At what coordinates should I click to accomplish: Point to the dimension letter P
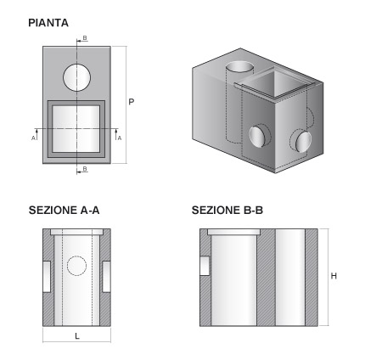pos(132,102)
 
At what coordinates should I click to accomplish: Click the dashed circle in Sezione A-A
pos(77,267)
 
